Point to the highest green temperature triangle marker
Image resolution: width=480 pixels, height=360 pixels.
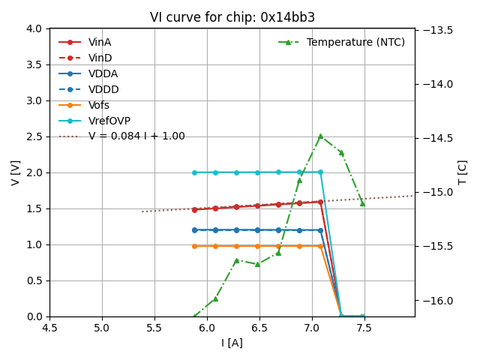pyautogui.click(x=320, y=136)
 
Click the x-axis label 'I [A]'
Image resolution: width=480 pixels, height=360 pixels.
pyautogui.click(x=232, y=343)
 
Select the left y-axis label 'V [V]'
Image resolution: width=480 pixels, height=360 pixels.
pyautogui.click(x=15, y=172)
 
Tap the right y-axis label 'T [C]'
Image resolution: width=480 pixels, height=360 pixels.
pyautogui.click(x=462, y=172)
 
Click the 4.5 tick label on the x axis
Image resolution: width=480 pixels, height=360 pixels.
pyautogui.click(x=49, y=328)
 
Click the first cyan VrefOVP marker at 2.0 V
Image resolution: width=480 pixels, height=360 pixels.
pyautogui.click(x=194, y=172)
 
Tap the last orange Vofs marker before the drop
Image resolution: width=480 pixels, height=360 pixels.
pyautogui.click(x=320, y=246)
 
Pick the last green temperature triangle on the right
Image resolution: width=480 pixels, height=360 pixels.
pyautogui.click(x=362, y=203)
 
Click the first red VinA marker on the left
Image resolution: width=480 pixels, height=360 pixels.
pyautogui.click(x=194, y=209)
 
